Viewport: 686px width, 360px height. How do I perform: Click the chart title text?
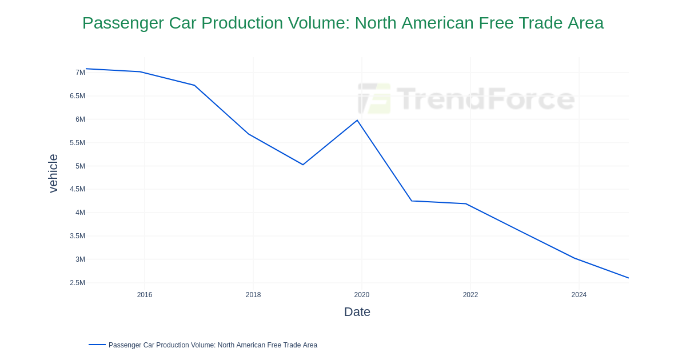(343, 23)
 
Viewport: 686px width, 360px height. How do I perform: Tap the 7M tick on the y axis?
(80, 73)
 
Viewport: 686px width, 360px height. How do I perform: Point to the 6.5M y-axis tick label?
(77, 96)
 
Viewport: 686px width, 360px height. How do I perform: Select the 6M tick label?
(80, 119)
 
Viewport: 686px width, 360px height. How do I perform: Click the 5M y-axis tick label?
(80, 166)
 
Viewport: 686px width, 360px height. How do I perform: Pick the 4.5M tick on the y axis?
(77, 189)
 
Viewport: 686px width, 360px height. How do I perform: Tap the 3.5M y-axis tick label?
(77, 236)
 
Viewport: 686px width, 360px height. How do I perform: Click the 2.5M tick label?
(77, 283)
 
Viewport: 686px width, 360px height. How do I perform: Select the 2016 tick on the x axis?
(145, 295)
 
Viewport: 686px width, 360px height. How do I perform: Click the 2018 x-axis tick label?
(253, 295)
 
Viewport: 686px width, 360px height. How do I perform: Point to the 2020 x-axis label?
(362, 295)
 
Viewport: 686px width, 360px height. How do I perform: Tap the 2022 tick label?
(470, 295)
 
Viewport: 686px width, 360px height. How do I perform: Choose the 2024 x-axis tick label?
(579, 295)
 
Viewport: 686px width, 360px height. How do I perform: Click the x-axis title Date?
(357, 312)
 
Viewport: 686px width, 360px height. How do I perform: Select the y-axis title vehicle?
(53, 173)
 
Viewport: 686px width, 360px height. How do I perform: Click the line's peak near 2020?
(357, 121)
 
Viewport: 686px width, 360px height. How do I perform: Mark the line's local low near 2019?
(303, 165)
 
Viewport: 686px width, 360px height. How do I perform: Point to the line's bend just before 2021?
(412, 201)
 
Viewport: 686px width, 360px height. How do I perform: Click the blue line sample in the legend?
(97, 345)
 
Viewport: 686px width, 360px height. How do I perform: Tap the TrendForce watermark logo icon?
(374, 99)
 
